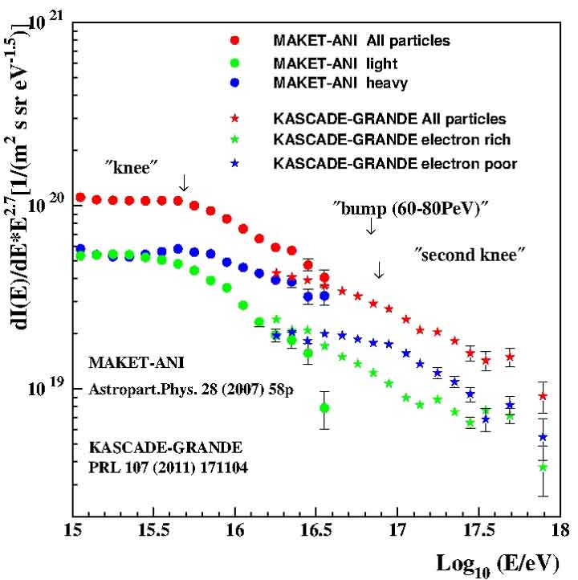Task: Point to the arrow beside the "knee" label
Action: (184, 182)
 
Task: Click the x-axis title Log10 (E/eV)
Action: (498, 561)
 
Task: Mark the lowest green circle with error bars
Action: (324, 408)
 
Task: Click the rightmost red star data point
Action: (543, 396)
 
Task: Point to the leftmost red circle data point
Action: (80, 198)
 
